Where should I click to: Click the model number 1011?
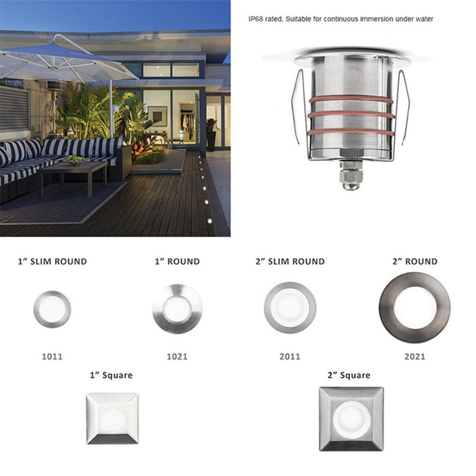[52, 356]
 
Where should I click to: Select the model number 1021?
[177, 356]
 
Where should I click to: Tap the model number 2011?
[290, 356]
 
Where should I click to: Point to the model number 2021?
[415, 356]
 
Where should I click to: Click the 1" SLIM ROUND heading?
[52, 261]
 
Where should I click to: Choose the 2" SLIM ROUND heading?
[290, 261]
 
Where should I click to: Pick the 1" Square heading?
[111, 375]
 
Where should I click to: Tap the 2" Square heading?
[349, 375]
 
